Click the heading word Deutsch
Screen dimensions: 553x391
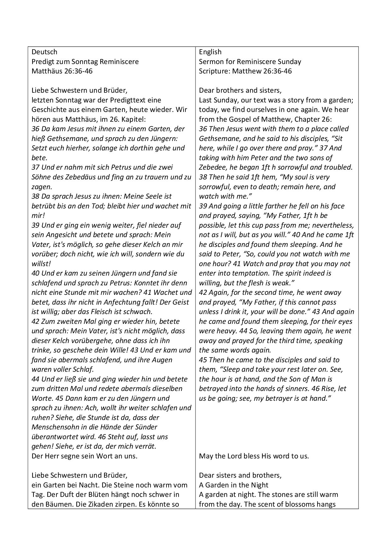44,52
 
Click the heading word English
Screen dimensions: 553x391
210,52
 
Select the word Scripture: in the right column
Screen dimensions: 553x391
214,71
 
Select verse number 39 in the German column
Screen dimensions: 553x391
36,225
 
